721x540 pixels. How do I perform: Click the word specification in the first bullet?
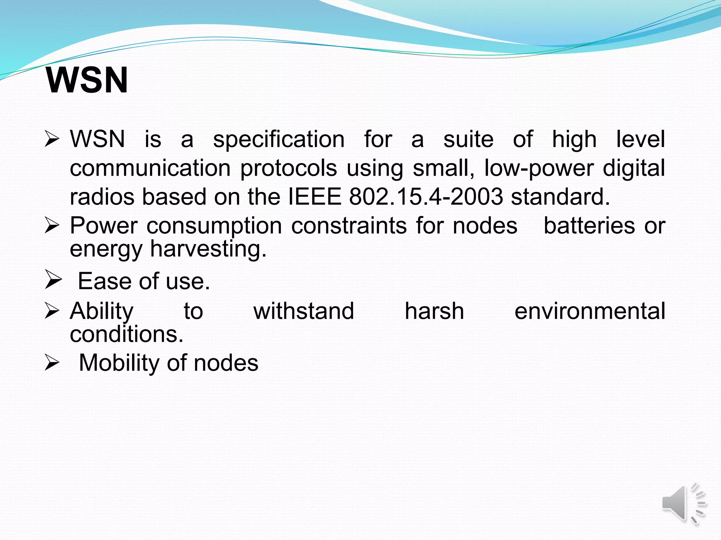pos(279,139)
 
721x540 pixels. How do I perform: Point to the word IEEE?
pos(315,197)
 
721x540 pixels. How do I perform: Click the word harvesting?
pos(208,249)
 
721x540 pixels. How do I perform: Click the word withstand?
pos(303,311)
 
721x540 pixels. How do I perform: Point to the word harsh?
pos(434,311)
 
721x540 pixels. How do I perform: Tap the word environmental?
pos(590,311)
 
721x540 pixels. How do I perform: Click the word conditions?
pos(126,334)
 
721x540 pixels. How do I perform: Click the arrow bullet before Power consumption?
pos(52,226)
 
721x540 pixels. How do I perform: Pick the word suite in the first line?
pos(468,139)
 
